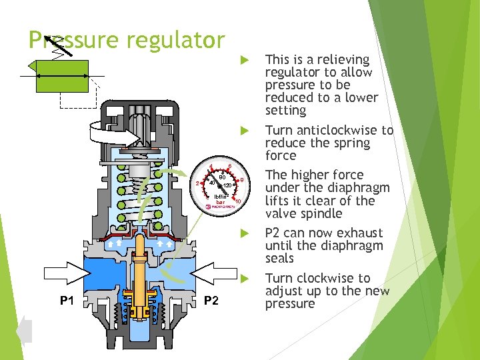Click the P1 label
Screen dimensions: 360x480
(67, 301)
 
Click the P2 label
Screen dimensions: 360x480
(211, 301)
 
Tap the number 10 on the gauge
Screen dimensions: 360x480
(238, 202)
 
